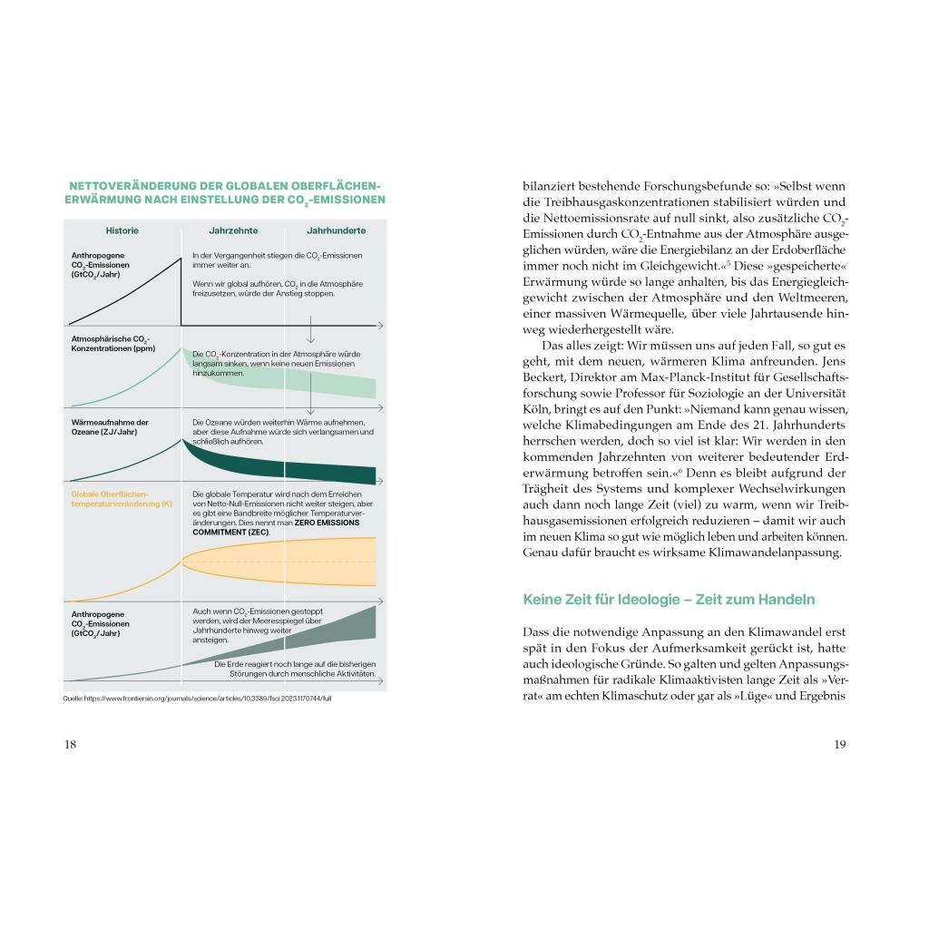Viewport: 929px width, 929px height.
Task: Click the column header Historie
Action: click(x=122, y=231)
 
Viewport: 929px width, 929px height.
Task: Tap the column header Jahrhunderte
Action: click(x=336, y=231)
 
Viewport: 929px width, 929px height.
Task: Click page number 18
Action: click(x=70, y=745)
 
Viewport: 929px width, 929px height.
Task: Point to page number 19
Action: click(x=839, y=745)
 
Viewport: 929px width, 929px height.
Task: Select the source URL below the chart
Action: click(x=203, y=699)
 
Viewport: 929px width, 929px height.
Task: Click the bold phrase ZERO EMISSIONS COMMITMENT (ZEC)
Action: click(x=231, y=527)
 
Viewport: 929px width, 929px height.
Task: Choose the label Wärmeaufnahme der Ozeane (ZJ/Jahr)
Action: click(x=110, y=427)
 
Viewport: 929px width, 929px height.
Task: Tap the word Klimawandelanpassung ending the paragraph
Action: click(x=771, y=553)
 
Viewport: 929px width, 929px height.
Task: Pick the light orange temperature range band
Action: click(x=290, y=562)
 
